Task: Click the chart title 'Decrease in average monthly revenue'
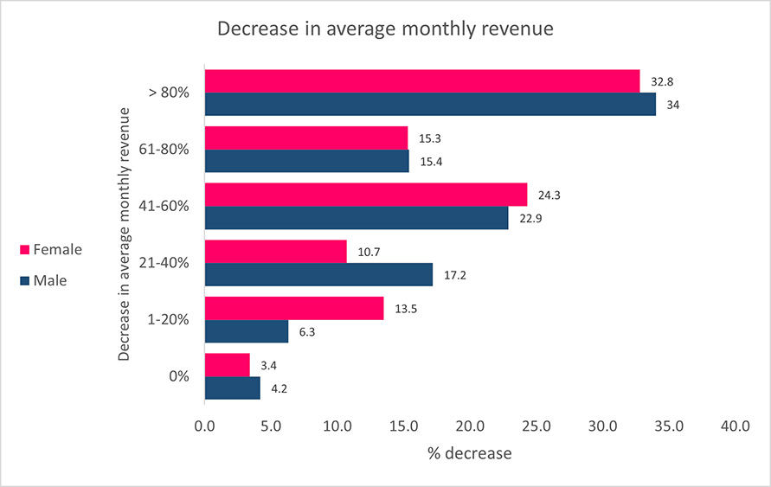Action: (x=385, y=29)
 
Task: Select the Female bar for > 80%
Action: (x=422, y=81)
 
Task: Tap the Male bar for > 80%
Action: (x=430, y=104)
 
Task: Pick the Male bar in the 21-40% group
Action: (x=318, y=274)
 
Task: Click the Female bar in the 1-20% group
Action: (x=294, y=308)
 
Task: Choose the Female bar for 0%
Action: (x=228, y=365)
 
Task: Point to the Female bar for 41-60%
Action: (x=366, y=195)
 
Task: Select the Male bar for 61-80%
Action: (x=307, y=161)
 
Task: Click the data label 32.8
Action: (x=662, y=81)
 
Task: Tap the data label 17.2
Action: (x=455, y=274)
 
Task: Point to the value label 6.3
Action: (x=307, y=331)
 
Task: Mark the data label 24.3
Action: (x=549, y=195)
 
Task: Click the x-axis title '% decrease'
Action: (x=470, y=453)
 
